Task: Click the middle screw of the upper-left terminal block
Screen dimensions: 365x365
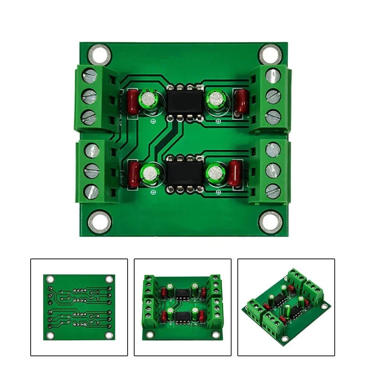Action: point(89,97)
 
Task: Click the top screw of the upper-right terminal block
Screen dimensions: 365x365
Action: point(274,76)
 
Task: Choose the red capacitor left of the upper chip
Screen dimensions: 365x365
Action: point(133,101)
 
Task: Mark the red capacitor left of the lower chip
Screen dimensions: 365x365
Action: point(133,175)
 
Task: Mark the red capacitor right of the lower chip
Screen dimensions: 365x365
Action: point(236,174)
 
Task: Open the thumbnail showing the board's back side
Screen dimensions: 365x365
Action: point(79,307)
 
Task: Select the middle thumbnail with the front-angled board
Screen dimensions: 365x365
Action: point(182,307)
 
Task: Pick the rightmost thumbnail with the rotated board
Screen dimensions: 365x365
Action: point(286,307)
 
